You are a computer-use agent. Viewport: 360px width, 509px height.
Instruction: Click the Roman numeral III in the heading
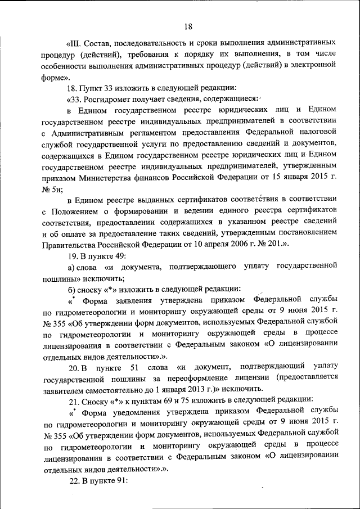coord(76,43)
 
